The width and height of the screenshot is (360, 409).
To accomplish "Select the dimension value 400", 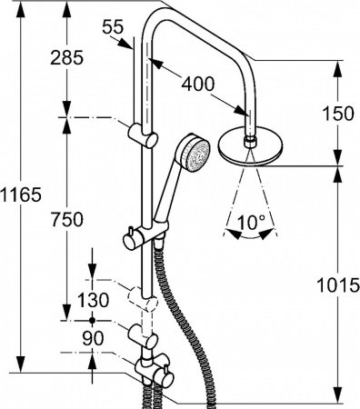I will [x=197, y=83].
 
